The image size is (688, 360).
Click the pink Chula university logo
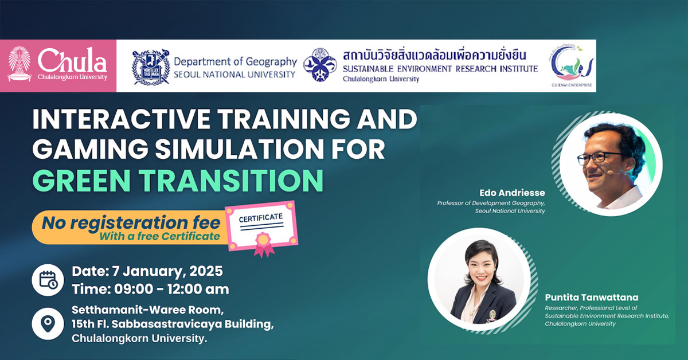(x=58, y=65)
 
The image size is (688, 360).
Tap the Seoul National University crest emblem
(x=151, y=66)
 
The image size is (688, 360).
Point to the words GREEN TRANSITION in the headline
(x=177, y=179)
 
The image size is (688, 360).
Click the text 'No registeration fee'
(x=130, y=222)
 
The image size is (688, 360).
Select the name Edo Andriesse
(x=512, y=192)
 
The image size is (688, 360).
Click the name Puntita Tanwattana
(x=592, y=298)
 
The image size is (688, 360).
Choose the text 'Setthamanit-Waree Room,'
(x=146, y=310)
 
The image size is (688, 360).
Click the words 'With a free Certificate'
(x=159, y=236)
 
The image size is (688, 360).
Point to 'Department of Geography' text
(x=235, y=61)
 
